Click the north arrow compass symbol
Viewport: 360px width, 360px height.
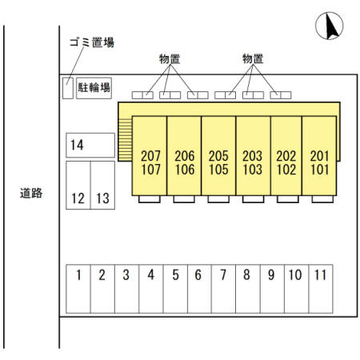(329, 26)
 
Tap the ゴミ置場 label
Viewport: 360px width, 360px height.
(92, 42)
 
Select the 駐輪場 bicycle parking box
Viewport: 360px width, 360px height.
(94, 88)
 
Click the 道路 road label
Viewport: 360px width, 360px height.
(31, 193)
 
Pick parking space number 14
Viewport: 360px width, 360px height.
(90, 145)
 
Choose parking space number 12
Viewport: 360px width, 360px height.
(78, 185)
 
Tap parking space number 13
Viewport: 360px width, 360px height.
(102, 185)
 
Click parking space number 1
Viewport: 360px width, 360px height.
(78, 289)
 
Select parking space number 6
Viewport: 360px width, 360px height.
(199, 289)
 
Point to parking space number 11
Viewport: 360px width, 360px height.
(321, 289)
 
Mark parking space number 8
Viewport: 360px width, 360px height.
(248, 289)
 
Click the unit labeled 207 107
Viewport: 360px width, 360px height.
(150, 156)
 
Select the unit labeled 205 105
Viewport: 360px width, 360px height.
(218, 156)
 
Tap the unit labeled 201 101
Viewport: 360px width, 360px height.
(319, 156)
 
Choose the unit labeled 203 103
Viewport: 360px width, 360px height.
(253, 156)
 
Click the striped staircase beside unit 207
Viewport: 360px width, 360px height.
(125, 140)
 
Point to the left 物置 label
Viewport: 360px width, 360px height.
(170, 59)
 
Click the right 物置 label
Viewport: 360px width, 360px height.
(253, 59)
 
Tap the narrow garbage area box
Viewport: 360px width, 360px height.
(68, 88)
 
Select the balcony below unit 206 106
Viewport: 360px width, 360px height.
(184, 199)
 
